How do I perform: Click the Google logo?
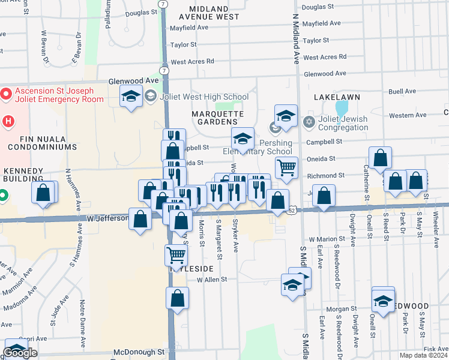[20, 353]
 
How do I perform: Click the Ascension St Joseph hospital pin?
[6, 94]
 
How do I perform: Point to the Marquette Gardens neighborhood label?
[217, 118]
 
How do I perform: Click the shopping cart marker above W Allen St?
[176, 254]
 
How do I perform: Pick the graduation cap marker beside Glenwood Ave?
[130, 97]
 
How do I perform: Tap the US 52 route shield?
[292, 210]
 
